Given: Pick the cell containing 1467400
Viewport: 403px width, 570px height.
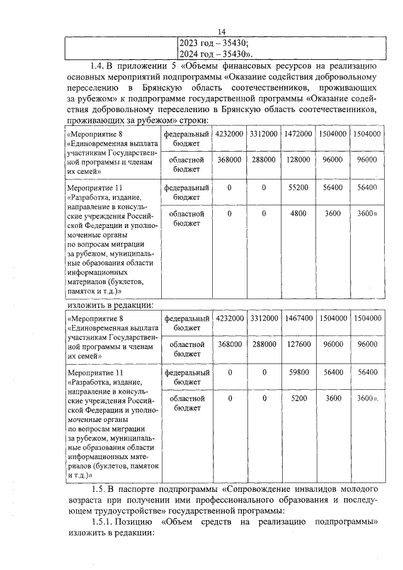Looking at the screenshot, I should point(298,319).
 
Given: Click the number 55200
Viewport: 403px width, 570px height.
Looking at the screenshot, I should point(298,187).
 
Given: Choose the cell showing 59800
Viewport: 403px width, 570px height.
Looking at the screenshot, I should point(298,372).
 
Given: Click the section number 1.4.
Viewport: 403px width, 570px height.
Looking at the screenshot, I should point(98,66).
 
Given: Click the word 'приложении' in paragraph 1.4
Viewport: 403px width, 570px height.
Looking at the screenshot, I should point(145,66).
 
